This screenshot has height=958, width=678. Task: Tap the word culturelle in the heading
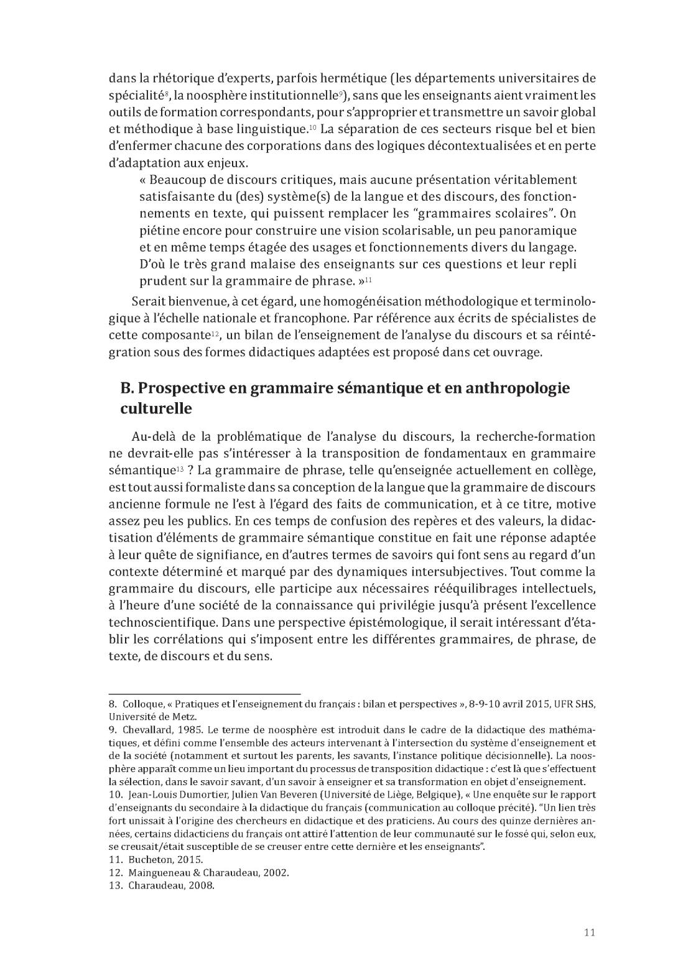click(x=156, y=409)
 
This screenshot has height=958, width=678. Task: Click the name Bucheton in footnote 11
click(x=149, y=859)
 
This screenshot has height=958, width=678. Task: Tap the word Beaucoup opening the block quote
click(x=180, y=180)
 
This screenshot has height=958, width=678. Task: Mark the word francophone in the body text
click(x=309, y=319)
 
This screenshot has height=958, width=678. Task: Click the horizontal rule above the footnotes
click(x=205, y=693)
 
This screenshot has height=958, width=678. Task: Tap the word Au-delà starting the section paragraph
click(x=152, y=437)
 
